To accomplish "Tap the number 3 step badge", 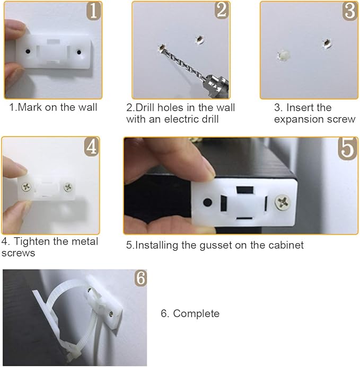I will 350,11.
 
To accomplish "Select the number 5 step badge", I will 348,148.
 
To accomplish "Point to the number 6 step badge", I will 140,278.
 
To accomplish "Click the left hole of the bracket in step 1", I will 27,52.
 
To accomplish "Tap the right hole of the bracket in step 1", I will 79,52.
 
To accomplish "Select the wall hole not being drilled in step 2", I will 199,39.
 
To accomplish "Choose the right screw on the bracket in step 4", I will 68,186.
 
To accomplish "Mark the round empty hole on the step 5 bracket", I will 207,202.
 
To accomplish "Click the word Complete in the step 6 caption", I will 196,314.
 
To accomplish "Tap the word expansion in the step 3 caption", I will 297,119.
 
